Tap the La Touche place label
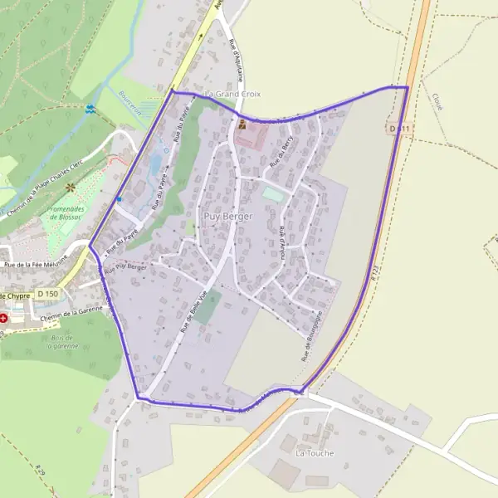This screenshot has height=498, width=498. pos(313,454)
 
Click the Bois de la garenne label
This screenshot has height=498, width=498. pos(61,341)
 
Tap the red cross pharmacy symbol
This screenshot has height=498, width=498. pos(3,317)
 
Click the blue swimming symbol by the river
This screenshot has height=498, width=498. pos(90,109)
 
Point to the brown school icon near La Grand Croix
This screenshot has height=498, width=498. pos(242,124)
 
